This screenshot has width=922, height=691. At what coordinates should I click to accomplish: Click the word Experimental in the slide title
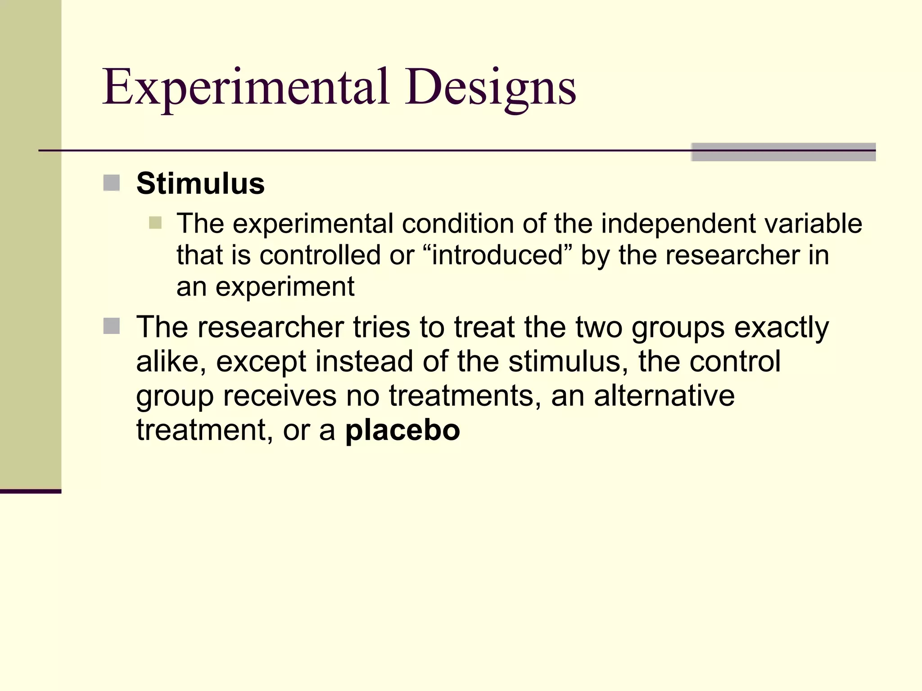pos(245,88)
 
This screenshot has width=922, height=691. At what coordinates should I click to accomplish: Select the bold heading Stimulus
pos(200,184)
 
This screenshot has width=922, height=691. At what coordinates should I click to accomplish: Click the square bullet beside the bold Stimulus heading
pos(111,183)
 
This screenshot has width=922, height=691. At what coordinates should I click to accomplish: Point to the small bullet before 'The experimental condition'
pos(155,223)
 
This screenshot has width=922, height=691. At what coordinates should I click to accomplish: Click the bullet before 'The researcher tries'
pos(111,326)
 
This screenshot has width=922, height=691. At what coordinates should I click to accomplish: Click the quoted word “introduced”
pos(497,255)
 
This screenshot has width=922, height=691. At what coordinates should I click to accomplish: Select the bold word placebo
pos(402,430)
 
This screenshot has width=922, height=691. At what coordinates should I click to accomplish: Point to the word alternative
pos(664,396)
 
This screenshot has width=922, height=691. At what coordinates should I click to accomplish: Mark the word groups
pos(678,328)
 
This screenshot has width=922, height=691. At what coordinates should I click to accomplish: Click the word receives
pos(280,396)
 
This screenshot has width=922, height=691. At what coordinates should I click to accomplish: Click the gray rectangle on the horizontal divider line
pos(783,152)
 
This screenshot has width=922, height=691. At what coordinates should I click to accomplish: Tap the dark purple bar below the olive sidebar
pos(31,491)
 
